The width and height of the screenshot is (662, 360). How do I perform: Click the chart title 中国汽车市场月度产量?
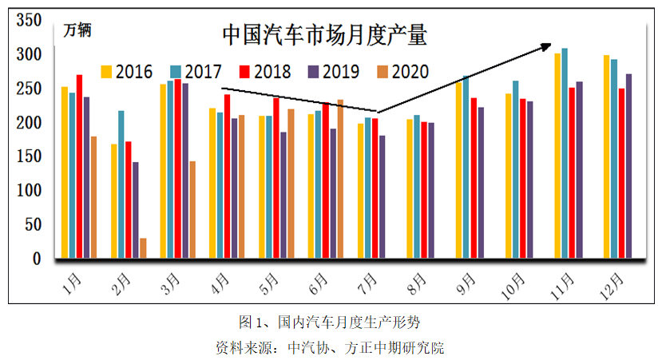(324, 35)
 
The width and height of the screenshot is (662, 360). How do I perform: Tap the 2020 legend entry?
(400, 71)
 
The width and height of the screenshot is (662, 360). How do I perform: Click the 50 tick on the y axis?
(31, 225)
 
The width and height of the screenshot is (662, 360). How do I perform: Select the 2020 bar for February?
(144, 248)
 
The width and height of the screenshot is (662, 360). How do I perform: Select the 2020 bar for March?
(192, 210)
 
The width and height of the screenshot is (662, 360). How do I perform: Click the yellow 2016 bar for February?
(114, 201)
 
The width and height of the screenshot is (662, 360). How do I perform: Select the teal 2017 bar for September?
(466, 167)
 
